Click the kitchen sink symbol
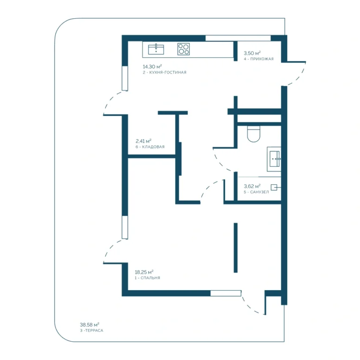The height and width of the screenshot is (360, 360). [x=156, y=49]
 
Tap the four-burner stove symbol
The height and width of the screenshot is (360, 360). [x=183, y=49]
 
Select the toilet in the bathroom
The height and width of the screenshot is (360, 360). [x=254, y=134]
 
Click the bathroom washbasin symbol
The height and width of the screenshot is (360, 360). [x=274, y=159]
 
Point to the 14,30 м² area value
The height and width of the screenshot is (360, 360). [x=152, y=67]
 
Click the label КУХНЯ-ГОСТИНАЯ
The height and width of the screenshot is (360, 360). [x=168, y=72]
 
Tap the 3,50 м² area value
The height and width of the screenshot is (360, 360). [x=252, y=53]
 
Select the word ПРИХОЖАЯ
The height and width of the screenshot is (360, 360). [x=262, y=59]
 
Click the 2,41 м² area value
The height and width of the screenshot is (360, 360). [x=143, y=141]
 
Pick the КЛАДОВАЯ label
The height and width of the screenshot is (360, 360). [x=153, y=147]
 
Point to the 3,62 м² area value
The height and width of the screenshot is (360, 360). [x=252, y=186]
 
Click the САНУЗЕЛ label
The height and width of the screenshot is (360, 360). [x=259, y=192]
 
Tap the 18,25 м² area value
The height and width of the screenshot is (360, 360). [x=144, y=272]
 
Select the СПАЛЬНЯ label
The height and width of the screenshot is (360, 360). [x=150, y=278]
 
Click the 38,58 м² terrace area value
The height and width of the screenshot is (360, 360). [x=90, y=325]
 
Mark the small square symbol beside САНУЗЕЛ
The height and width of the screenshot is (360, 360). [x=274, y=187]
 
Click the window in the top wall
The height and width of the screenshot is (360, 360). [x=238, y=38]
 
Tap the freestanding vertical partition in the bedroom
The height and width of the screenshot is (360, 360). [x=236, y=247]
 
